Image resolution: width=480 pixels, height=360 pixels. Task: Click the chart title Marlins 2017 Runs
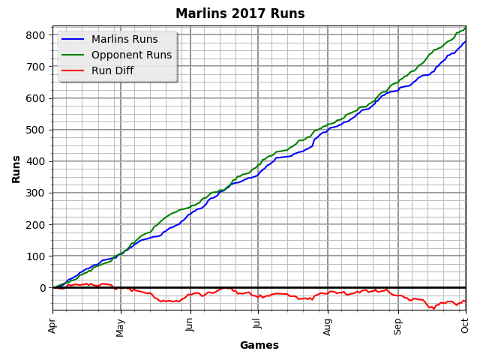[x=240, y=13]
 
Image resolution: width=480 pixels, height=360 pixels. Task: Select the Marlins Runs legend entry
[x=124, y=40]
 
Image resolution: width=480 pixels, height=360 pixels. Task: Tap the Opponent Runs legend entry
[x=131, y=55]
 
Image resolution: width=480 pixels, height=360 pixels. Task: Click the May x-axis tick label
[x=121, y=326]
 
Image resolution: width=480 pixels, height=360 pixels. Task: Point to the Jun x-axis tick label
[x=190, y=325]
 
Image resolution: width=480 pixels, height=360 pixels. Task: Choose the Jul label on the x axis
[x=258, y=324]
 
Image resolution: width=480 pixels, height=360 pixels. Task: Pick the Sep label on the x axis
[x=398, y=325]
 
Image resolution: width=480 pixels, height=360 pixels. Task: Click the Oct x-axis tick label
[x=465, y=325]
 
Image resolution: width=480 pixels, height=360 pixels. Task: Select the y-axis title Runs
[x=16, y=169]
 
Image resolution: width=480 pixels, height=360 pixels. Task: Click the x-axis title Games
[x=259, y=346]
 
